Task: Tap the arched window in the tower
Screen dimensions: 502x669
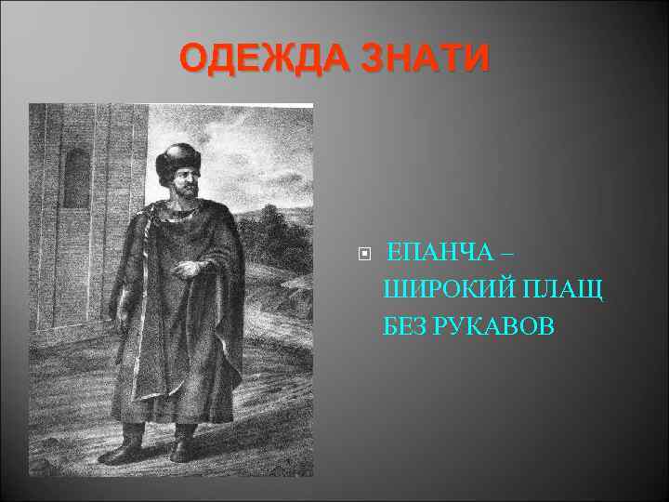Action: (76, 178)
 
